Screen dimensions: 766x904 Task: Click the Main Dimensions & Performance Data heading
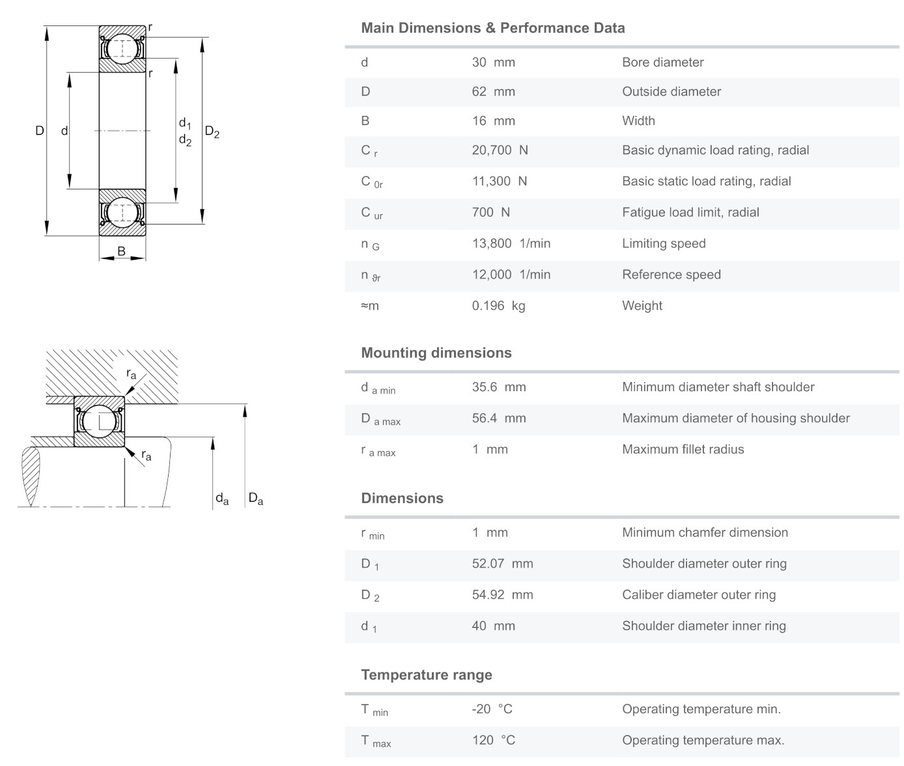tap(492, 28)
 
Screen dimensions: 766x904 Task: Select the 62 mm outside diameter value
tap(493, 92)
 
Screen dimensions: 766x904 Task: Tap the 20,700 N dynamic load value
tap(500, 150)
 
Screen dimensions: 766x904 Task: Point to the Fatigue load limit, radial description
tap(690, 212)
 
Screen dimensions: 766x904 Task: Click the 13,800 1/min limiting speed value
tap(511, 243)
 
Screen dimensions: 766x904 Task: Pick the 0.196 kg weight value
tap(498, 306)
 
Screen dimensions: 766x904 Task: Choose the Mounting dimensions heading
tap(436, 353)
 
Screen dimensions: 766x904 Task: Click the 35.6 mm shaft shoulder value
tap(498, 387)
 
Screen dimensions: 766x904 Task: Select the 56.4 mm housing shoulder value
tap(498, 418)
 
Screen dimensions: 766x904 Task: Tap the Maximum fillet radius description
tap(683, 450)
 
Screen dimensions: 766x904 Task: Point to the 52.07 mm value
tap(502, 564)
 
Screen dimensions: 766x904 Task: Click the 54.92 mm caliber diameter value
tap(502, 595)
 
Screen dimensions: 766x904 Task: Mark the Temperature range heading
tap(427, 675)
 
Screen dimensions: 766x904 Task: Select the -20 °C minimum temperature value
tap(492, 709)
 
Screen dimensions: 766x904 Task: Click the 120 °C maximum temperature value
tap(493, 741)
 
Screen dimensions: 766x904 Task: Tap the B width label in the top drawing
tap(121, 251)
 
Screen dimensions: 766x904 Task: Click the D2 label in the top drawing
tap(212, 132)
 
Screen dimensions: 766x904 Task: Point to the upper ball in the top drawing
tap(122, 49)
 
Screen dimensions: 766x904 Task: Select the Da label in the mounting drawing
tap(255, 499)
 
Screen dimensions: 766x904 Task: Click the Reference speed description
tap(671, 275)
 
